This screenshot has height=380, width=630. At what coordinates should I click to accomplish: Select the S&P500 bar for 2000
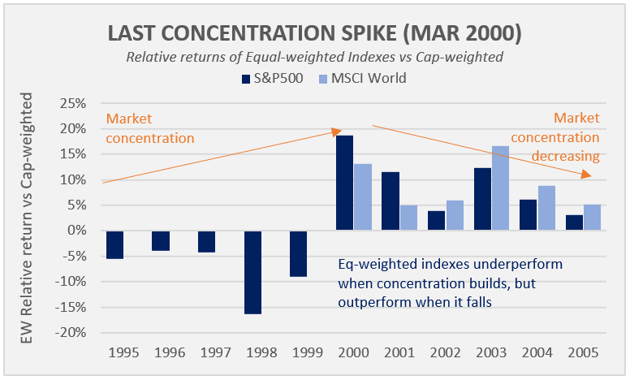345,184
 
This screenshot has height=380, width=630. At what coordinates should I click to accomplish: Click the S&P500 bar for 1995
115,244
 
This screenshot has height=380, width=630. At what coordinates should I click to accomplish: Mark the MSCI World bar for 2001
408,218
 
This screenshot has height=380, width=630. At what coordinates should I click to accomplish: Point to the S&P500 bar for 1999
300,253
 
